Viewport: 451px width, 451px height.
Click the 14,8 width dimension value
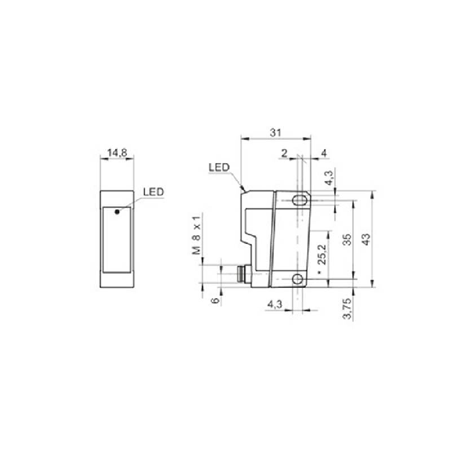(117, 153)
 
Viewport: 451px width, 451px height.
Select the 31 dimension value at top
(275, 133)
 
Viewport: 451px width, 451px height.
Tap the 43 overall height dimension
(366, 239)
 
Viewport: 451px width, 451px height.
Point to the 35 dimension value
(347, 239)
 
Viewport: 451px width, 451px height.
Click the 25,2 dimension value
(322, 255)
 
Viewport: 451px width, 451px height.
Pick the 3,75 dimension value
(347, 308)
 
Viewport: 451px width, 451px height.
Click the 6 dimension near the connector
(215, 300)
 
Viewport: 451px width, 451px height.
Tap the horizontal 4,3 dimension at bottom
(275, 304)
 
